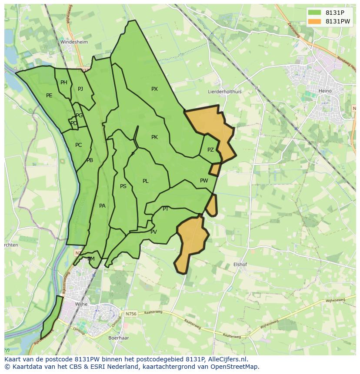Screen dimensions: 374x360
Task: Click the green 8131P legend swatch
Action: point(316,13)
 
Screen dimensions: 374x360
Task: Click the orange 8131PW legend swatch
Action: point(316,21)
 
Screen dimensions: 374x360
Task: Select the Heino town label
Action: point(325,91)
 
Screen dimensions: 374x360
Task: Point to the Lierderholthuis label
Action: point(224,92)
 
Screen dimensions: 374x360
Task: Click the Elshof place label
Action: point(240,264)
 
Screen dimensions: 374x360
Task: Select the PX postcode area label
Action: point(154,89)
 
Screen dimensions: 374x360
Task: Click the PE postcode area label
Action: point(49,96)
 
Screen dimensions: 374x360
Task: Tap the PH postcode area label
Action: point(64,83)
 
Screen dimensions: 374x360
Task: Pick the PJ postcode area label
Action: point(80,89)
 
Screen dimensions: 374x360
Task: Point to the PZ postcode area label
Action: point(210,150)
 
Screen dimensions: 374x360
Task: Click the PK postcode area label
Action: point(154,137)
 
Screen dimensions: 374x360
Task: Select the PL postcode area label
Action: point(146,181)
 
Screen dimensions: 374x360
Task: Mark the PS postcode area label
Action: point(123,186)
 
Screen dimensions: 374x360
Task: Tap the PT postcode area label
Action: point(166,209)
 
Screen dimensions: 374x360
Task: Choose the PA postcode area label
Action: point(102,206)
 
